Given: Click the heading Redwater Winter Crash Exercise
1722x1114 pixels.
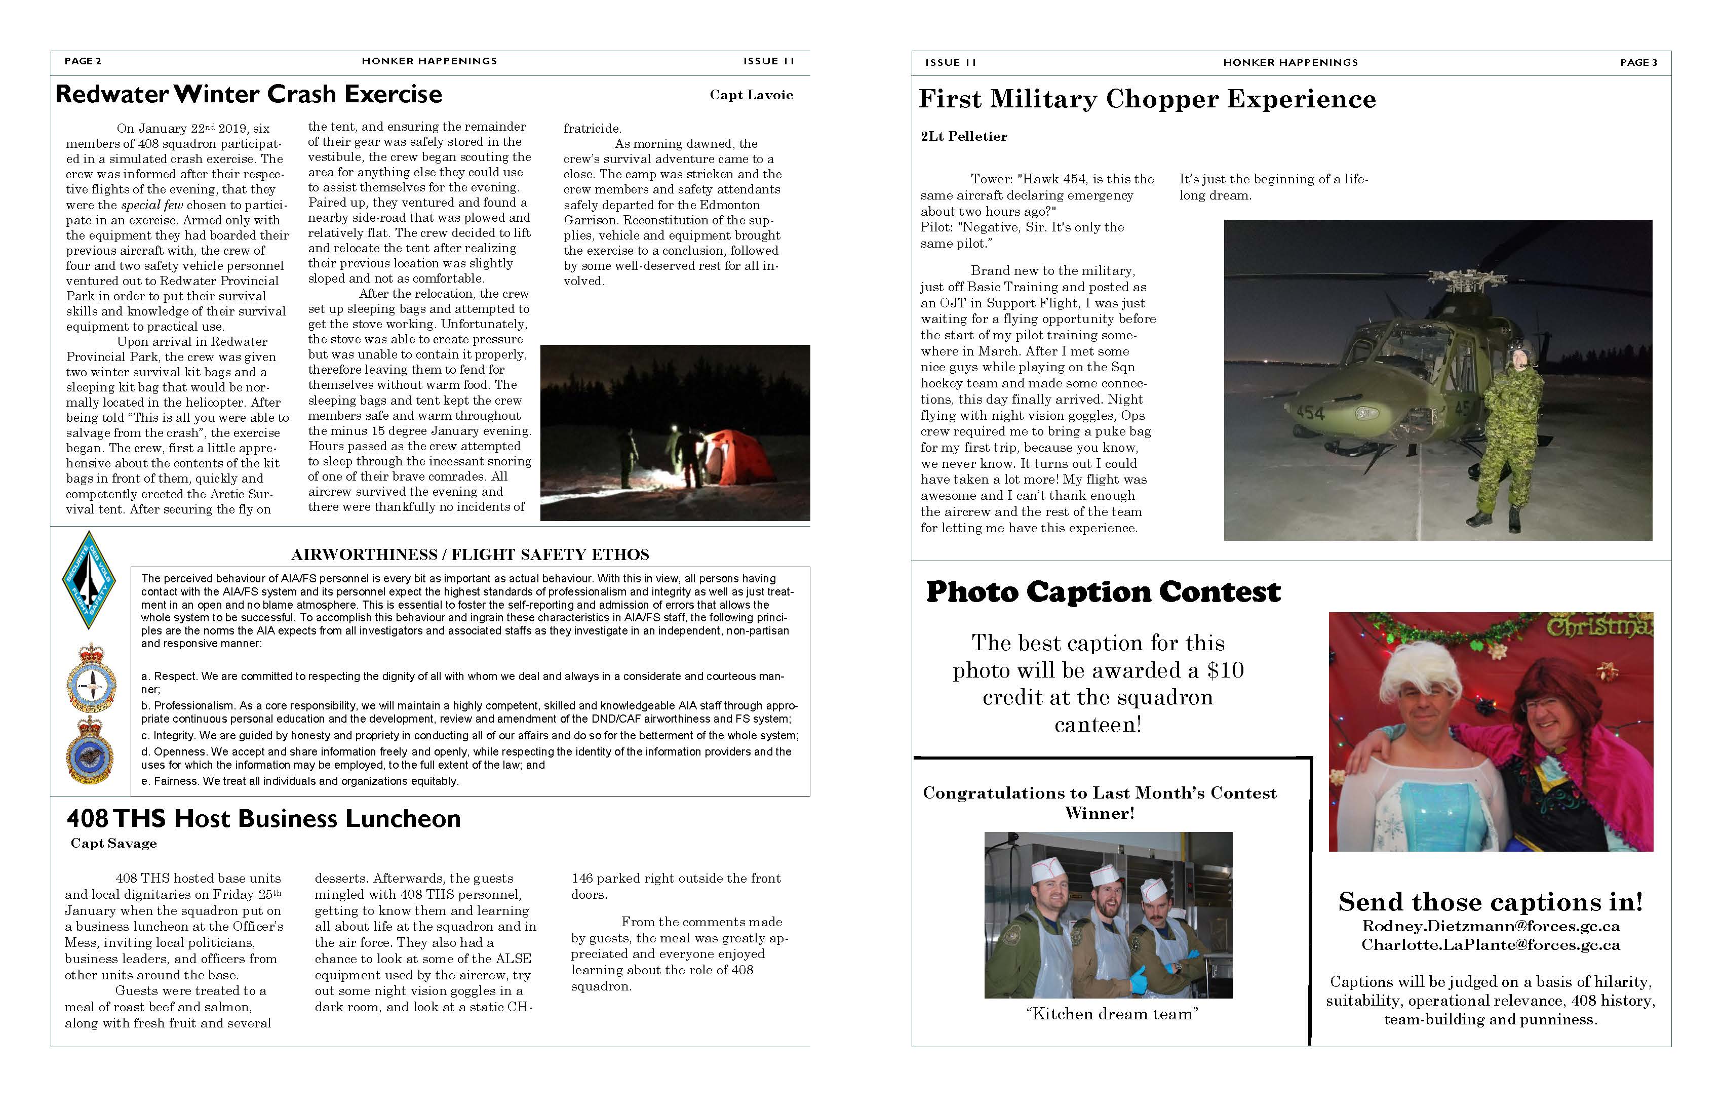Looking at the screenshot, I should [248, 94].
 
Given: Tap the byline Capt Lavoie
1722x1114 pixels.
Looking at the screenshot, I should [751, 95].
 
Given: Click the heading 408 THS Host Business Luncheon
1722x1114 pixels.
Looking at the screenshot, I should [263, 818].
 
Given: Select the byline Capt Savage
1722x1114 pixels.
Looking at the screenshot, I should [113, 844].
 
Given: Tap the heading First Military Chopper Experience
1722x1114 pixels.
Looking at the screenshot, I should [1147, 99].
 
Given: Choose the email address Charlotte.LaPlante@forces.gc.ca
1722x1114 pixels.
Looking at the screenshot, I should [1491, 945].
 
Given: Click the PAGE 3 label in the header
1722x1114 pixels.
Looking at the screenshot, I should [1638, 62].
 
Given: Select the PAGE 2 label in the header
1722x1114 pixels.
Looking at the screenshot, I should [83, 61].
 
